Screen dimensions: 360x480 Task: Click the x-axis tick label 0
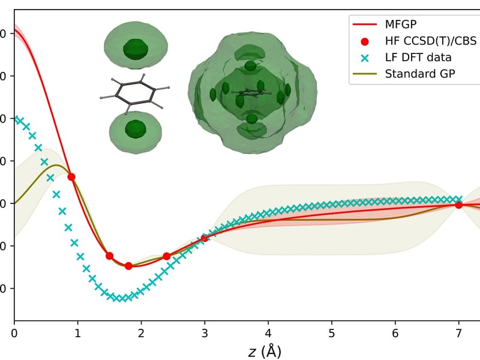pyautogui.click(x=14, y=332)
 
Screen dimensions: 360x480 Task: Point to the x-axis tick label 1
pyautogui.click(x=77, y=332)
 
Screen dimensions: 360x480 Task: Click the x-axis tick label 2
pyautogui.click(x=141, y=332)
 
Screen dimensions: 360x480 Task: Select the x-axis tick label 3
pyautogui.click(x=205, y=332)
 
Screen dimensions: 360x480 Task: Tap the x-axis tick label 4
pyautogui.click(x=268, y=332)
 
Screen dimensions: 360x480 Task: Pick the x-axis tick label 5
pyautogui.click(x=332, y=332)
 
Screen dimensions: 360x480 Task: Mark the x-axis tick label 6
pyautogui.click(x=395, y=332)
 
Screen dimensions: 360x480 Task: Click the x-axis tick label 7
pyautogui.click(x=459, y=332)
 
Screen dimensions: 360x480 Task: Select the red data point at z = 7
pyautogui.click(x=459, y=205)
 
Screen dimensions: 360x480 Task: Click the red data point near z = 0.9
pyautogui.click(x=71, y=176)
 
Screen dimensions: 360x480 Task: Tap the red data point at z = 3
pyautogui.click(x=205, y=238)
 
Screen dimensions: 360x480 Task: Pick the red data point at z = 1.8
pyautogui.click(x=128, y=266)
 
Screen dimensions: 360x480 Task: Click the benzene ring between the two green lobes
pyautogui.click(x=135, y=94)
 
